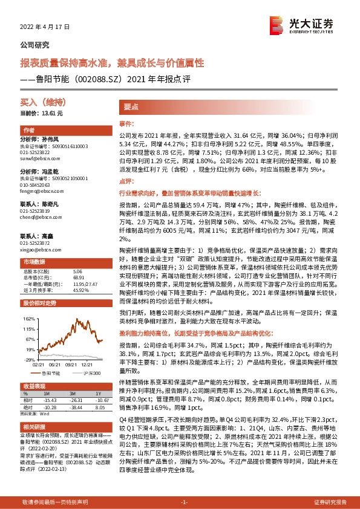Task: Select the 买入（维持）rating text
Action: [41, 104]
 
